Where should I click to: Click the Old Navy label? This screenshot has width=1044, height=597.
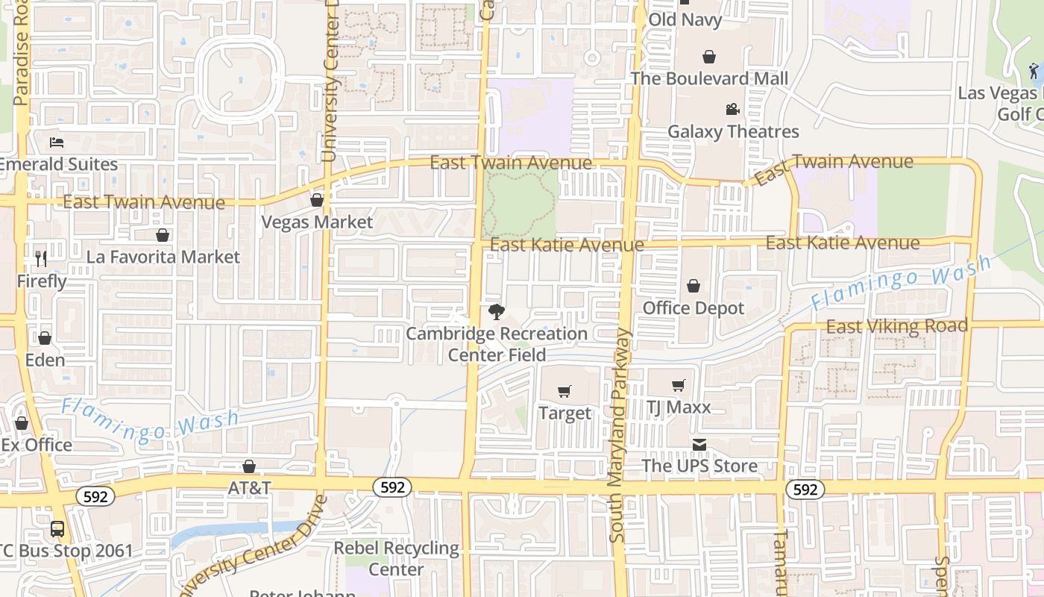tap(685, 19)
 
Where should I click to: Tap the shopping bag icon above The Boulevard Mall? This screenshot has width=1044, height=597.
tap(708, 57)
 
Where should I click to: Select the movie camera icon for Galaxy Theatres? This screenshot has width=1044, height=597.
tap(732, 110)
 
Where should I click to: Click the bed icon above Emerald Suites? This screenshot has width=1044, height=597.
tap(57, 142)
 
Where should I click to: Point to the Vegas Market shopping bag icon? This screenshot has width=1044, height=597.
tap(316, 200)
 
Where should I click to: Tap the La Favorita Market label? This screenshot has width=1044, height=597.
tap(163, 257)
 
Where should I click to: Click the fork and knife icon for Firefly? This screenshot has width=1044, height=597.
tap(41, 259)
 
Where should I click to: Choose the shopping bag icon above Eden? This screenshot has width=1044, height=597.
tap(45, 337)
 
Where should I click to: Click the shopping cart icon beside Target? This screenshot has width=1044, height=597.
tap(565, 391)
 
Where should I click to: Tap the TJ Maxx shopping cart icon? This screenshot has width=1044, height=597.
tap(678, 385)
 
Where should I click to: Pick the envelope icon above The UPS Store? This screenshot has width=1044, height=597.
tap(699, 445)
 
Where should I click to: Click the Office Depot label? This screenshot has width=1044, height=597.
tap(694, 308)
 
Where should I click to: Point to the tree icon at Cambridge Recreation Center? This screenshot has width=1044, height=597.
tap(496, 311)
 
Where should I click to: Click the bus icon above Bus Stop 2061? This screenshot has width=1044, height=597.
tap(57, 529)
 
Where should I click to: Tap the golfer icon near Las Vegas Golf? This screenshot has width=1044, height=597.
tap(1034, 72)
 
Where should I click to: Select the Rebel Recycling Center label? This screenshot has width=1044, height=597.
tap(396, 558)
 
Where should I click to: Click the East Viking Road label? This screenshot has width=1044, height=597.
tap(896, 326)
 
